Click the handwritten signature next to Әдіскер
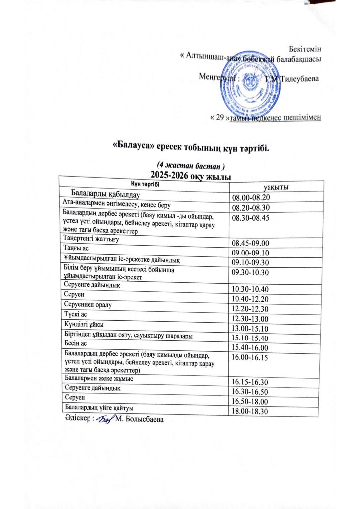[x=103, y=421]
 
